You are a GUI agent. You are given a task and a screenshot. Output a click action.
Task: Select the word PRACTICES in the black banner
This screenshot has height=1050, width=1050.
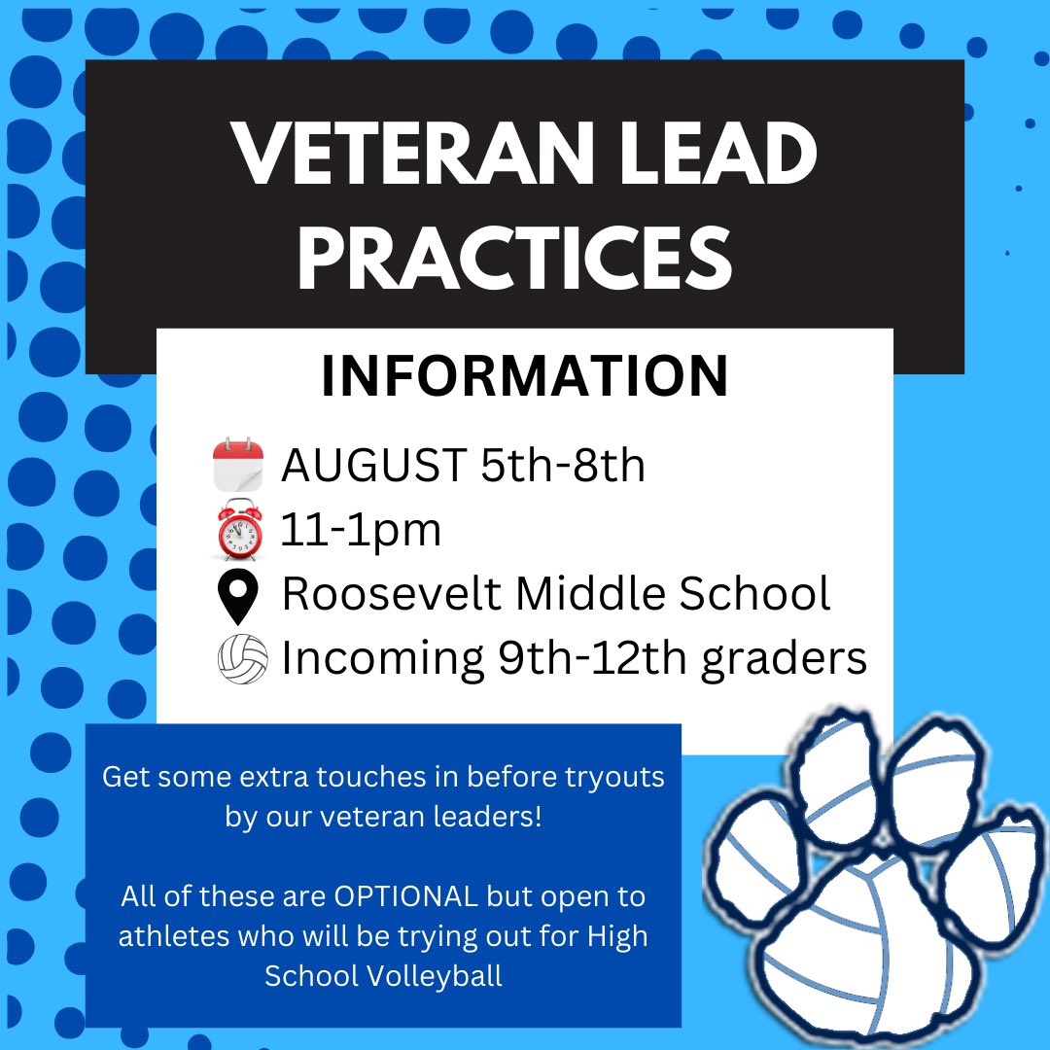point(514,259)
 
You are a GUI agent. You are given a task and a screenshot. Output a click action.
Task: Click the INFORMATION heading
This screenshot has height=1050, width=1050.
point(525,378)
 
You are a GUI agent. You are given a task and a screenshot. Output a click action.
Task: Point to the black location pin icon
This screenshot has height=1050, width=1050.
point(238,595)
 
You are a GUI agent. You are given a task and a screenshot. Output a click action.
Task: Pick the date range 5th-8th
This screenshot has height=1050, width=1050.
point(562,467)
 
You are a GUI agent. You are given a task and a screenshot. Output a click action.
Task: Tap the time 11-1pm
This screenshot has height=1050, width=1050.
point(361,531)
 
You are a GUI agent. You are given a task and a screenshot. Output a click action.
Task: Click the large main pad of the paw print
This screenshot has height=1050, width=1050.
point(856,933)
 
